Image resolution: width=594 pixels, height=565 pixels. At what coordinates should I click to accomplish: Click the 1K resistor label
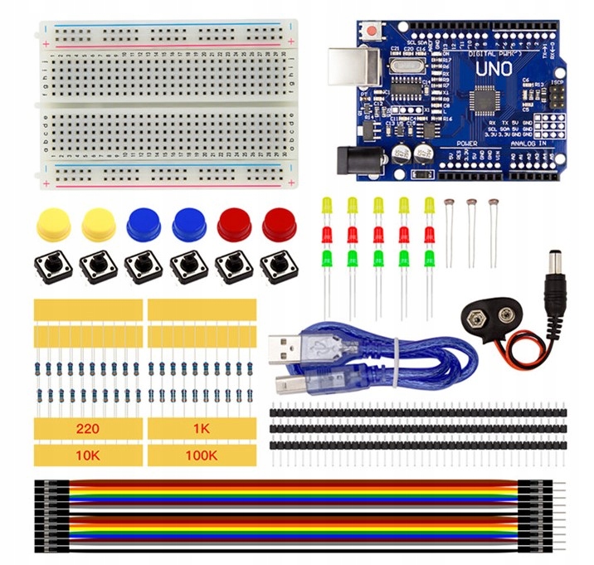click(202, 429)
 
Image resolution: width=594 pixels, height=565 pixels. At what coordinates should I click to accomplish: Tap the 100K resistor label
click(202, 455)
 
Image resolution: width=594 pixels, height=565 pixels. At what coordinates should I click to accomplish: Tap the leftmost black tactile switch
click(52, 267)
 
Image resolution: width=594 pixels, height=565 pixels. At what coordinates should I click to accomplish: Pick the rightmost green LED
click(430, 257)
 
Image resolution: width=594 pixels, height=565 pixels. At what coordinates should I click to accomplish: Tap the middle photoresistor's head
click(471, 202)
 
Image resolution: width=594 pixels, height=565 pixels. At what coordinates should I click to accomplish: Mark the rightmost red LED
click(430, 232)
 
